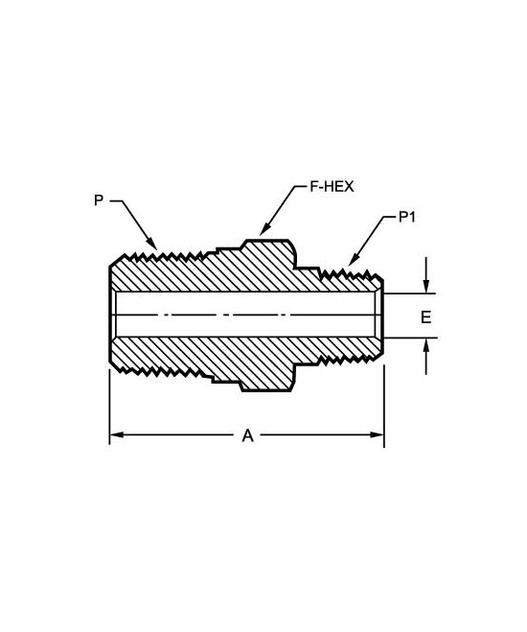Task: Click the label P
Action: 99,200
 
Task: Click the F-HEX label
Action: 332,187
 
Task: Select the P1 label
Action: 406,218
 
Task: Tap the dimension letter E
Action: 426,317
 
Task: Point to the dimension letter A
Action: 248,435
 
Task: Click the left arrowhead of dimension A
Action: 117,434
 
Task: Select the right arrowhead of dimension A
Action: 377,434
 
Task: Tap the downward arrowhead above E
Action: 426,286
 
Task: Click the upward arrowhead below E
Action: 426,345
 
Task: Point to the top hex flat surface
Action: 267,241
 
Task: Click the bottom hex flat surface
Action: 265,391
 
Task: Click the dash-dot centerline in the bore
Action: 245,315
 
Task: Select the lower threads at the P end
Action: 161,371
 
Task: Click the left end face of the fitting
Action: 110,315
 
